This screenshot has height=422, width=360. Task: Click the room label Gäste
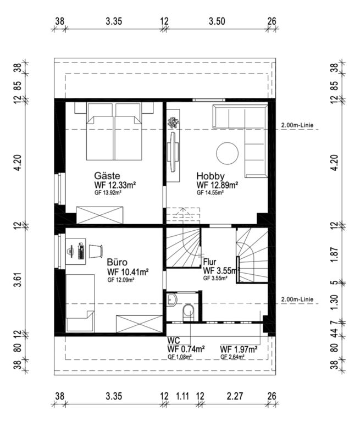[107, 176]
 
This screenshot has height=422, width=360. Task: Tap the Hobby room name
[211, 176]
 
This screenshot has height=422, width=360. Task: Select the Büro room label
[117, 262]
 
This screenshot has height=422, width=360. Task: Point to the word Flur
[209, 262]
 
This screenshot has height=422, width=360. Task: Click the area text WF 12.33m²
[115, 185]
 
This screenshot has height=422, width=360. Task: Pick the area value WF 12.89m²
[217, 185]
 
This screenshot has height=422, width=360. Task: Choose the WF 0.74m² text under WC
[186, 349]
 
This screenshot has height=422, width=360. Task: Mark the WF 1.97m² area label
[239, 349]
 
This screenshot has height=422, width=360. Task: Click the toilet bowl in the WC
[188, 312]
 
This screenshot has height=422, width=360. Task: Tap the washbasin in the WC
[171, 299]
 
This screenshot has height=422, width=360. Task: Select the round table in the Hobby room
[227, 153]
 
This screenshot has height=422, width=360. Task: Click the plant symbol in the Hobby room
[173, 123]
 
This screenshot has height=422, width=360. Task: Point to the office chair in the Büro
[96, 251]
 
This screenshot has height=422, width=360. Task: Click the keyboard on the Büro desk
[81, 251]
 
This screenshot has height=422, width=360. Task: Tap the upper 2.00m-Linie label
[297, 125]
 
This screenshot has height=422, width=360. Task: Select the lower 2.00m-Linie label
[297, 299]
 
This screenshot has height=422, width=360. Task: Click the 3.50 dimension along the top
[217, 21]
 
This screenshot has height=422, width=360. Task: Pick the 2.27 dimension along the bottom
[235, 396]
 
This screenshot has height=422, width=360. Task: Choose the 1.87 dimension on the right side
[334, 254]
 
